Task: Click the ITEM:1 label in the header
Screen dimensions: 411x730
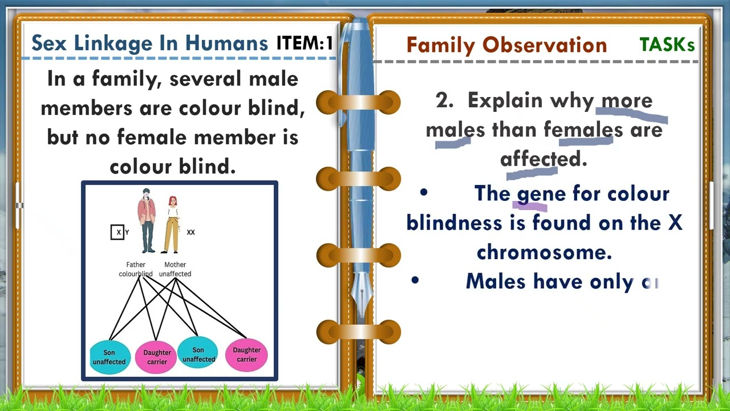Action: click(305, 43)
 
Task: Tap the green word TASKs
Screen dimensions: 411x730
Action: click(667, 45)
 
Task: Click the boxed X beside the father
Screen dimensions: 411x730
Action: click(118, 232)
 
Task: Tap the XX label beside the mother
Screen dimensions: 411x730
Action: click(190, 232)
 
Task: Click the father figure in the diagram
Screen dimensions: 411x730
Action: click(147, 220)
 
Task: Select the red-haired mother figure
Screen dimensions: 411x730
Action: click(172, 224)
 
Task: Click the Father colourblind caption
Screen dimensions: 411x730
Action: click(136, 269)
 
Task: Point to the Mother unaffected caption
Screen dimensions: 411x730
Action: click(175, 269)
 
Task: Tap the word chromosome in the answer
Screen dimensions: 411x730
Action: click(544, 252)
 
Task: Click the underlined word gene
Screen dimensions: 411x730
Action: click(533, 194)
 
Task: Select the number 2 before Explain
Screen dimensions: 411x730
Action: click(443, 100)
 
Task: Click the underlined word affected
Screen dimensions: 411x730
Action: click(537, 159)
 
